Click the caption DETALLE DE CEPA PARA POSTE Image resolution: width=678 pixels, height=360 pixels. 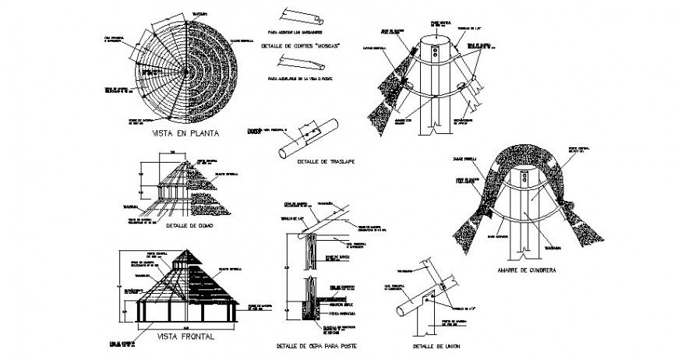317,345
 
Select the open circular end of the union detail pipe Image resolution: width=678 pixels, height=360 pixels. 401,312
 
